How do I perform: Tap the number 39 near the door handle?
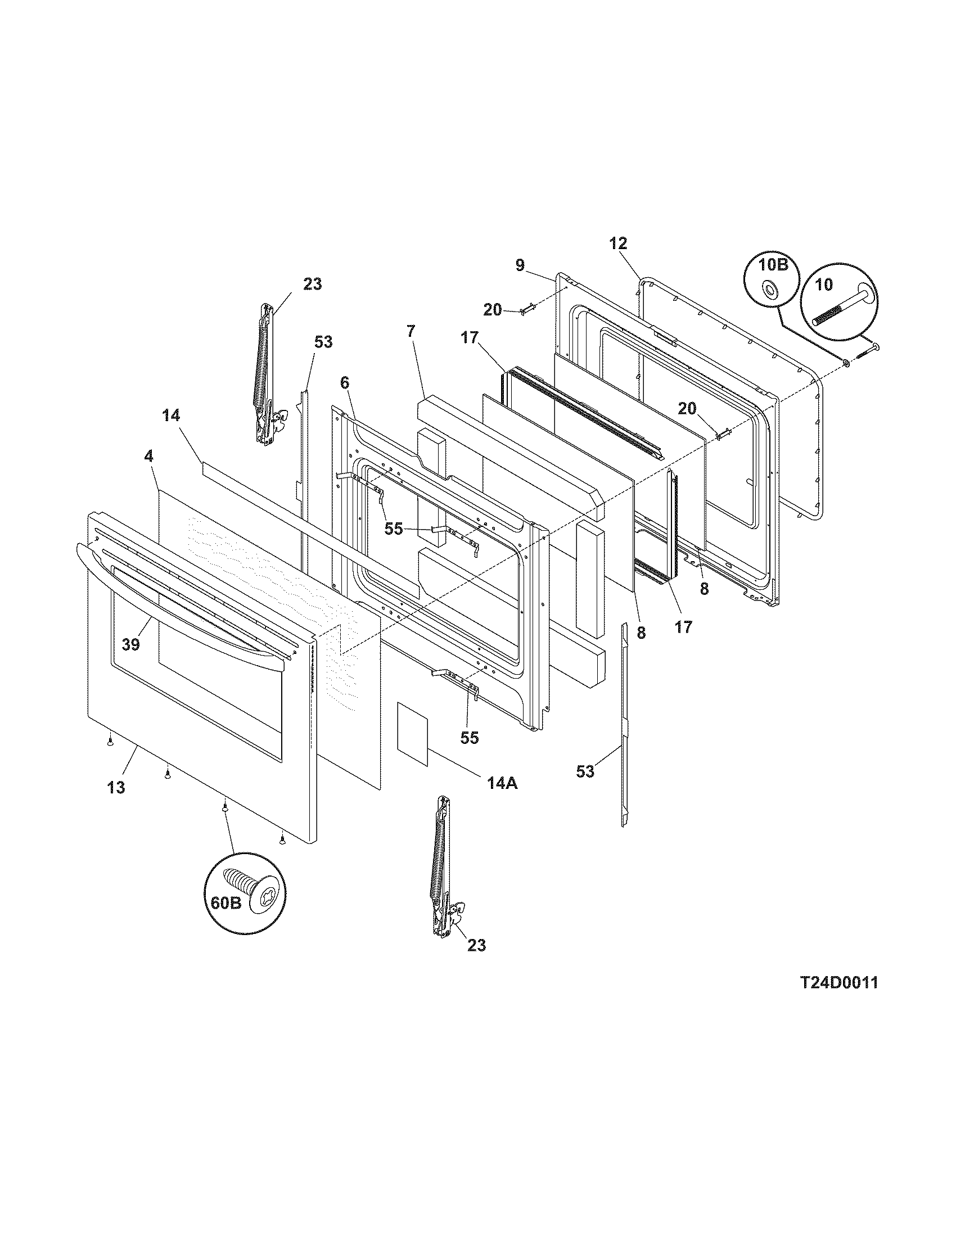coord(131,644)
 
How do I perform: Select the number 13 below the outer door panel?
coord(115,787)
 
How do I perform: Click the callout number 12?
coord(619,243)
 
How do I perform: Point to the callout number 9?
coord(520,265)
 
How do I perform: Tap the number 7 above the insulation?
coord(410,331)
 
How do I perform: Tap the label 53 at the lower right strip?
coord(585,771)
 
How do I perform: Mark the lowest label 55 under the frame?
coord(470,737)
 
